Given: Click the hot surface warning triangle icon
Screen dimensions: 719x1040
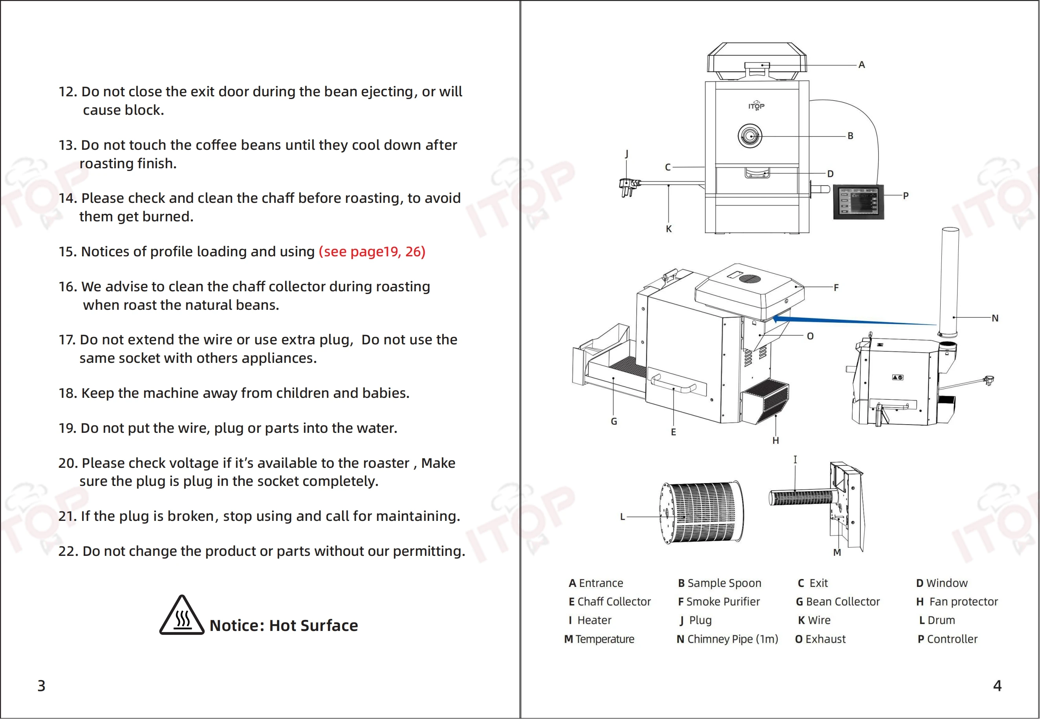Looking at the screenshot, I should click(x=182, y=616).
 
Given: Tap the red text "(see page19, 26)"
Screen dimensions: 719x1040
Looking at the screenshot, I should click(x=372, y=251).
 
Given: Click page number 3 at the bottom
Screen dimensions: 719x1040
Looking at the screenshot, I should click(x=41, y=685).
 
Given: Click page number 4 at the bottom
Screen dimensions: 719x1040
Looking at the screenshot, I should click(x=997, y=685).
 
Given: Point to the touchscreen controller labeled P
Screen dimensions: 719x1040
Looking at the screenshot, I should click(x=858, y=202).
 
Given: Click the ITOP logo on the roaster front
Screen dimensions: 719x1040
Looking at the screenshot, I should click(x=756, y=106).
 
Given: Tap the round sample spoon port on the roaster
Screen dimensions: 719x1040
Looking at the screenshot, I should click(x=750, y=135).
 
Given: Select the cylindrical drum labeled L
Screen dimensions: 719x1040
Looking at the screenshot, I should click(x=702, y=512).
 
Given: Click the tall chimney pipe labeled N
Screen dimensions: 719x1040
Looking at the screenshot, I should click(x=948, y=281).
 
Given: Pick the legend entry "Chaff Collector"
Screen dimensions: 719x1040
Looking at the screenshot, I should click(x=610, y=601).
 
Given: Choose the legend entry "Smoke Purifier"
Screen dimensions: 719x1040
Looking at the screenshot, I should click(x=719, y=601).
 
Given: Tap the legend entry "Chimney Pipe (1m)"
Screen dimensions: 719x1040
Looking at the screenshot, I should click(x=727, y=639).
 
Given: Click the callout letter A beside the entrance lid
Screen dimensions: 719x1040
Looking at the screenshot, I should click(x=861, y=65).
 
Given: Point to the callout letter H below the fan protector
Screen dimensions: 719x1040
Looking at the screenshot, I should click(x=775, y=441).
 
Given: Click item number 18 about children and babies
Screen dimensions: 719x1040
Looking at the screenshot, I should click(x=234, y=393).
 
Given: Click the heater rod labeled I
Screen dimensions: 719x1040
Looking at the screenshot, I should click(x=801, y=498).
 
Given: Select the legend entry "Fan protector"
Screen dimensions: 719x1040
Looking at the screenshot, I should click(x=957, y=601).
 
